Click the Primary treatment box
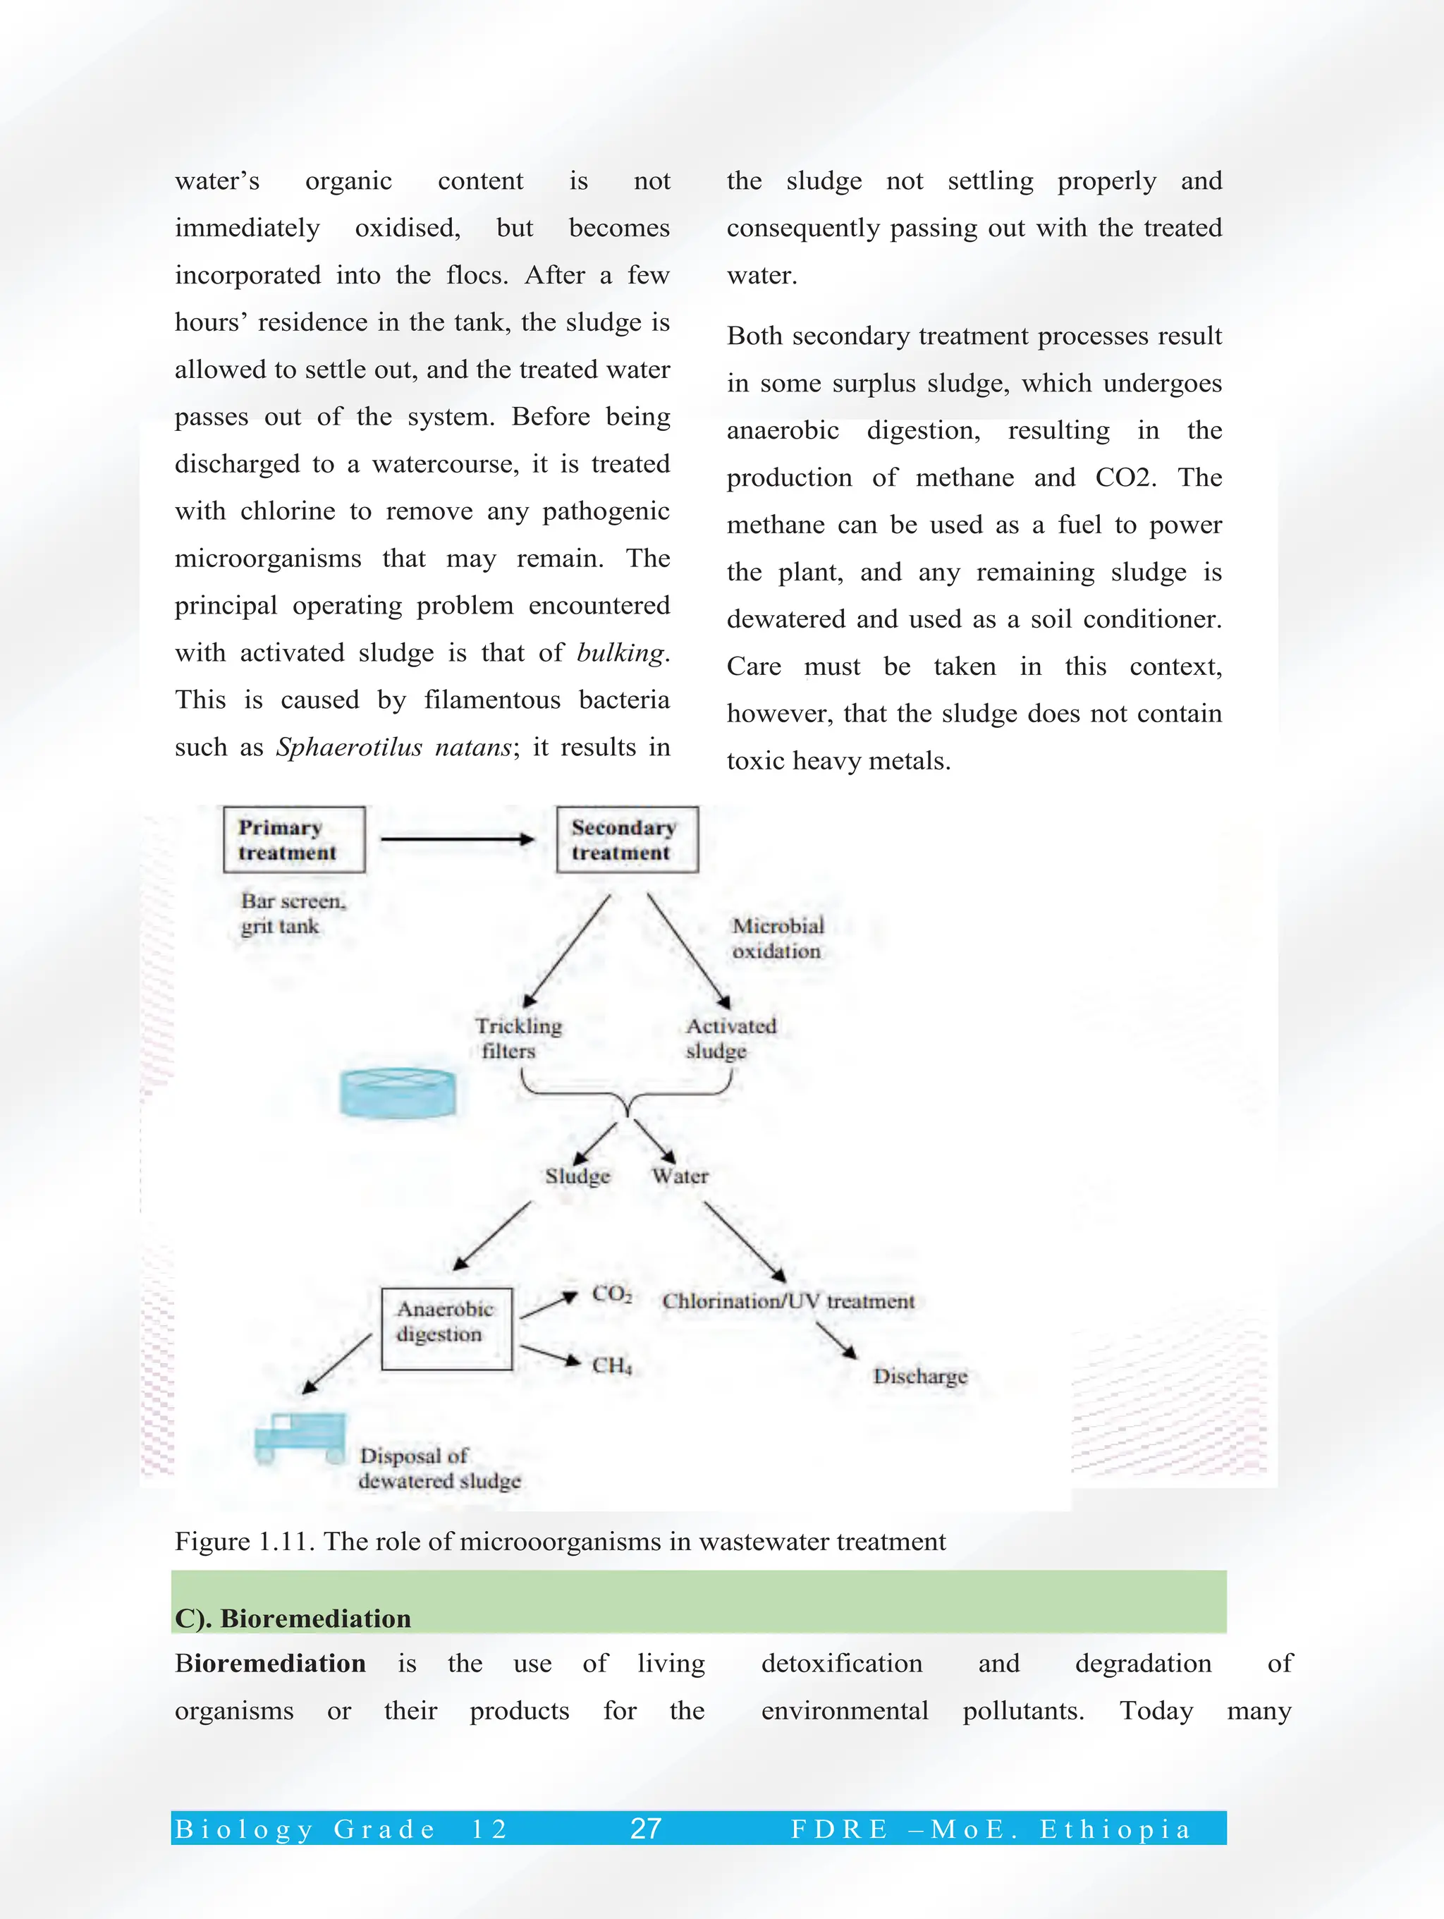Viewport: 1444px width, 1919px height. pos(294,839)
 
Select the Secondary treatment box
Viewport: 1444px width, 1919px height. pos(626,839)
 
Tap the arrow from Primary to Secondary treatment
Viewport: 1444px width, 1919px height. pos(457,839)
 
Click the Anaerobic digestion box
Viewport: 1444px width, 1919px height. pos(446,1328)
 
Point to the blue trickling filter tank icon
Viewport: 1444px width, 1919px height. pos(398,1092)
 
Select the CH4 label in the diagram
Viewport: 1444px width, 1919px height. pos(611,1365)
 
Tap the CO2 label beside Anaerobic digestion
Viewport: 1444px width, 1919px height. pos(611,1293)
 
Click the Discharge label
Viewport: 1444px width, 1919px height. pos(919,1376)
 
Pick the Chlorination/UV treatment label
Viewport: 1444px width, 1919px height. pos(788,1300)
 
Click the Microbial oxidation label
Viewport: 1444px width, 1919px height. pos(777,938)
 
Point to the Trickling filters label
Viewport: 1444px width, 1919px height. pos(518,1037)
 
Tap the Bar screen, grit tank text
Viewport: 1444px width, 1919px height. pos(293,913)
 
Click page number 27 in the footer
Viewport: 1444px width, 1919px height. pos(645,1828)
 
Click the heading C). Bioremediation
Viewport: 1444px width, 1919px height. pos(293,1618)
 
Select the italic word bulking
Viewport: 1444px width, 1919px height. pos(620,652)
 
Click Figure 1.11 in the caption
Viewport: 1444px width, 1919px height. pos(245,1541)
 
